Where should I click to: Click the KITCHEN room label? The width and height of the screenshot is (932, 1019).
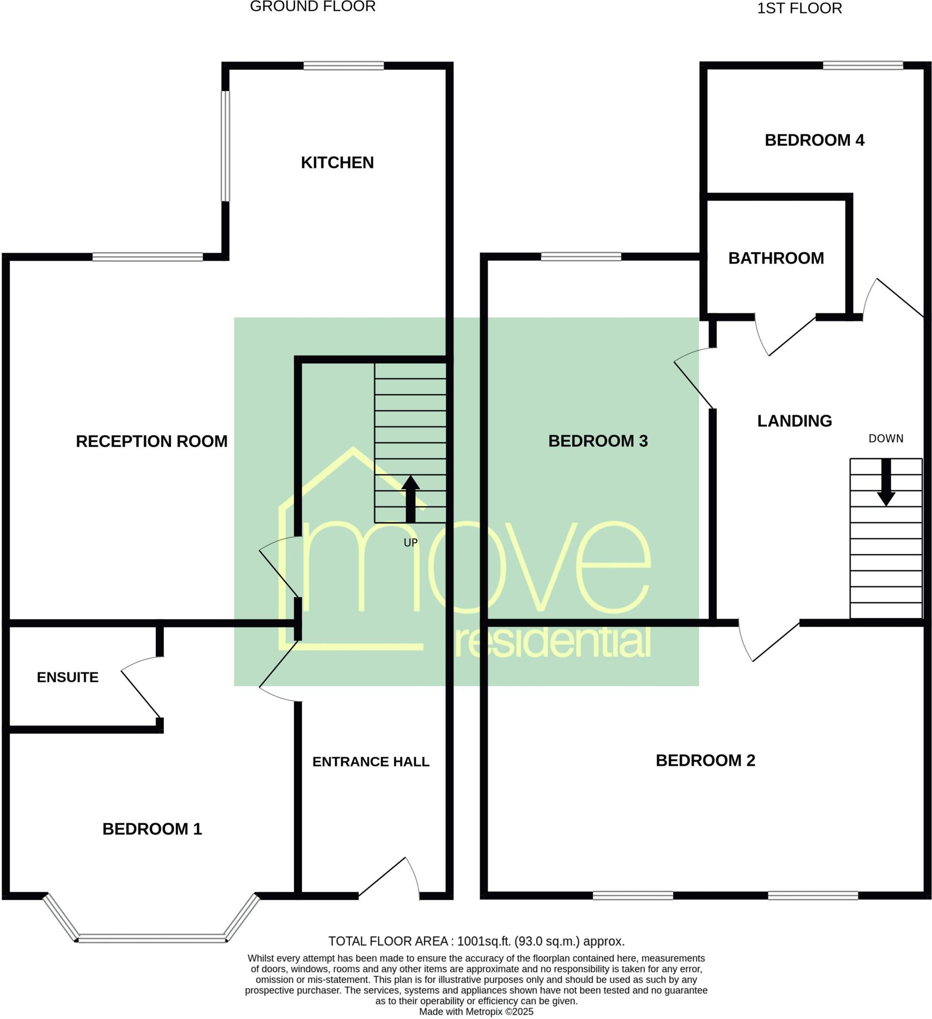click(337, 163)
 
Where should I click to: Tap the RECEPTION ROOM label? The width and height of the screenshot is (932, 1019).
click(152, 441)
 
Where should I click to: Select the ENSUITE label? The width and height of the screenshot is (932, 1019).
click(68, 677)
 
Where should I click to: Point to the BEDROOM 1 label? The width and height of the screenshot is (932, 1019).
click(152, 829)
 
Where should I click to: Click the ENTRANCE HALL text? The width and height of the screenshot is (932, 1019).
click(371, 762)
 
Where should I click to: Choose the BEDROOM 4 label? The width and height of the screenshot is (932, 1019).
click(814, 140)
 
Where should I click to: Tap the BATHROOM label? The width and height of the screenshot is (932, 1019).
click(776, 258)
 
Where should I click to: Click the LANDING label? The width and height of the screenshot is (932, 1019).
click(795, 421)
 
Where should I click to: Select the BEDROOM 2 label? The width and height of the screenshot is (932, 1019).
click(705, 760)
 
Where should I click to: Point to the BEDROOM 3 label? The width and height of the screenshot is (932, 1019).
click(598, 441)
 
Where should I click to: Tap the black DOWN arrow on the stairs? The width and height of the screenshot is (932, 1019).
click(886, 482)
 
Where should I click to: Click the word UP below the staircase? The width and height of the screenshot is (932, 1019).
click(411, 543)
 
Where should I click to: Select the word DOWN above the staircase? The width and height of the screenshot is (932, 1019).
click(886, 439)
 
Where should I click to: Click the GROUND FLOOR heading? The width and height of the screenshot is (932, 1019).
click(312, 6)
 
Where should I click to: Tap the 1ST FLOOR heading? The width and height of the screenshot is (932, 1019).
click(799, 8)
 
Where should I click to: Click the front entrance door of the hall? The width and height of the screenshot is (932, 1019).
click(389, 879)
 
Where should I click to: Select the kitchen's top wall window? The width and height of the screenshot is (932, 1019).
click(344, 66)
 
